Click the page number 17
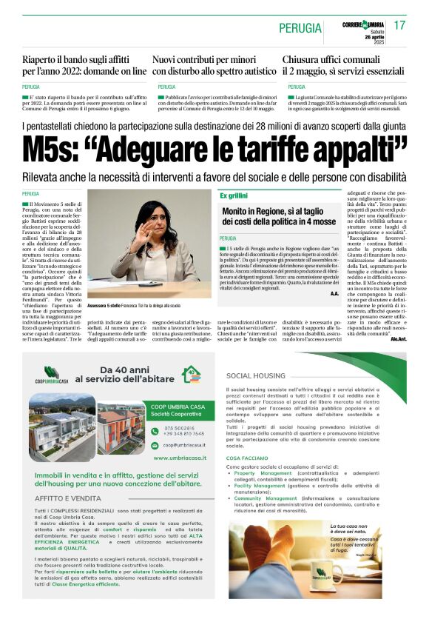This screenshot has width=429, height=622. pos(399,26)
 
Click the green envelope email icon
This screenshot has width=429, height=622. pos(157,445)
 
